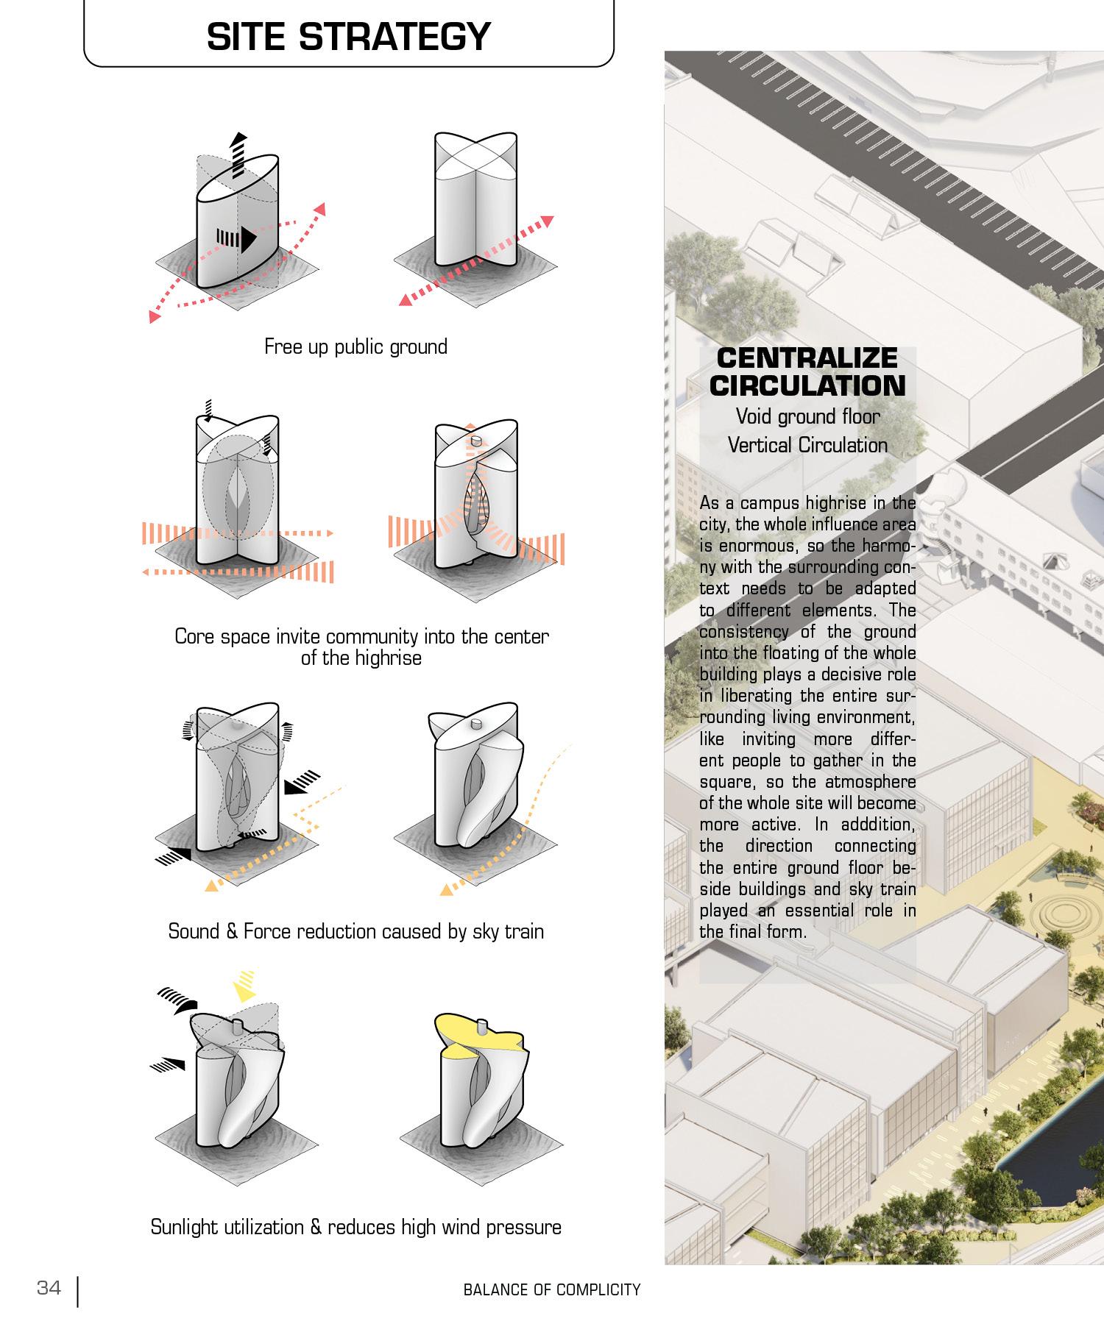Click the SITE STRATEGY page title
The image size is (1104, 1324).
click(x=348, y=36)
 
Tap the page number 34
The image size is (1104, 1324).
click(x=49, y=1288)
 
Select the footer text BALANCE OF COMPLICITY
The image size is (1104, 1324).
click(x=552, y=1289)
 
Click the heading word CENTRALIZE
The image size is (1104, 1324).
click(x=807, y=358)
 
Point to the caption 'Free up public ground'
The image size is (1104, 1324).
click(x=355, y=346)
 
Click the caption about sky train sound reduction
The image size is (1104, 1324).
click(x=355, y=931)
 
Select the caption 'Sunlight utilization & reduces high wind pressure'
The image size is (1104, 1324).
click(x=355, y=1227)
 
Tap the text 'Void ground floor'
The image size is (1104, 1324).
click(x=807, y=416)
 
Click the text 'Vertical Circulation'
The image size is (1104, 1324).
click(x=807, y=445)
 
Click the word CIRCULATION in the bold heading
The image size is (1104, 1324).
click(x=807, y=385)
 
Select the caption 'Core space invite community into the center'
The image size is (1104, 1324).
click(x=361, y=636)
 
